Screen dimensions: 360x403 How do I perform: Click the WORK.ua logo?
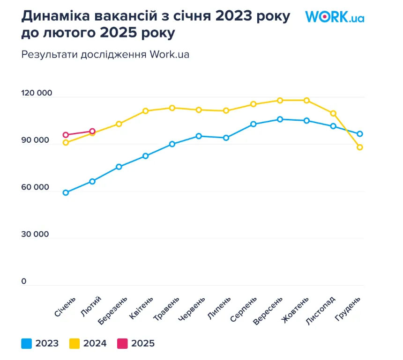(335, 17)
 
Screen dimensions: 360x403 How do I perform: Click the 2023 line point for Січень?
(66, 192)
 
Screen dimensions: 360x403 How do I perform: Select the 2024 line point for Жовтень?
(306, 100)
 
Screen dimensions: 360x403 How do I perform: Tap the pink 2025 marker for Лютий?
(92, 131)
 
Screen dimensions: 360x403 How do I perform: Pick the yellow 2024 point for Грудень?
(360, 147)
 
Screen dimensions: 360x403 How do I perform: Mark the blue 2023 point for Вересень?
(280, 119)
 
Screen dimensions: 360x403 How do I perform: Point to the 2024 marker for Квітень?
(146, 111)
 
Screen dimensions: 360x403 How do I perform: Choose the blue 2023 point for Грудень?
(360, 134)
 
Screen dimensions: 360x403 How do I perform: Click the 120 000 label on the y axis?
(37, 93)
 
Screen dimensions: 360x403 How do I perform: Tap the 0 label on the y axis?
(24, 281)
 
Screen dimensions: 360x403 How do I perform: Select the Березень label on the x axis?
(113, 310)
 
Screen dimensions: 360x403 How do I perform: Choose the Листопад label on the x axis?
(321, 310)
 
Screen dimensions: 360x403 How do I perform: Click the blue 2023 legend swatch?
(27, 344)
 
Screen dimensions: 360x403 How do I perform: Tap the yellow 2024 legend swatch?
(75, 344)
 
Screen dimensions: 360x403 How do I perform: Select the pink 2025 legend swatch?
(122, 344)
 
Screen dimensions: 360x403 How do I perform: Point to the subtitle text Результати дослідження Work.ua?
(105, 54)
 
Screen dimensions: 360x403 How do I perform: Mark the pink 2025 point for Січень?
(66, 135)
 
